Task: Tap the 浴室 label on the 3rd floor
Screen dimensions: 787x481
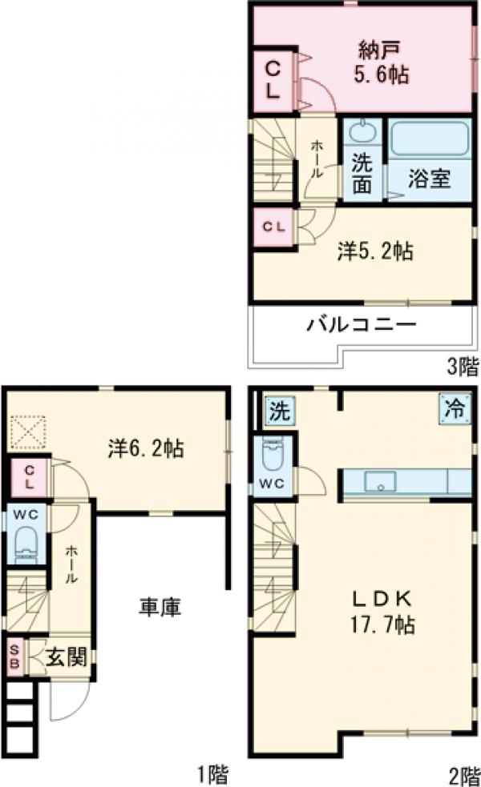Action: [x=428, y=179]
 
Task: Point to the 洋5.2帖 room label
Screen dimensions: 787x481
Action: [x=374, y=251]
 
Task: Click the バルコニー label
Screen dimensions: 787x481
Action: [x=361, y=326]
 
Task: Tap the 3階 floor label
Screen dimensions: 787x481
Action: [x=462, y=368]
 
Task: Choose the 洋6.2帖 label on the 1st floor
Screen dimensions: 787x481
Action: [x=145, y=448]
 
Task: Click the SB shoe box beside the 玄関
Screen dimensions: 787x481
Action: [x=14, y=658]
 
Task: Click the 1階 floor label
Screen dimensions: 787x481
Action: [x=212, y=774]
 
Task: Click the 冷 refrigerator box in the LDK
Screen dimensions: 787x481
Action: [x=454, y=409]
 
